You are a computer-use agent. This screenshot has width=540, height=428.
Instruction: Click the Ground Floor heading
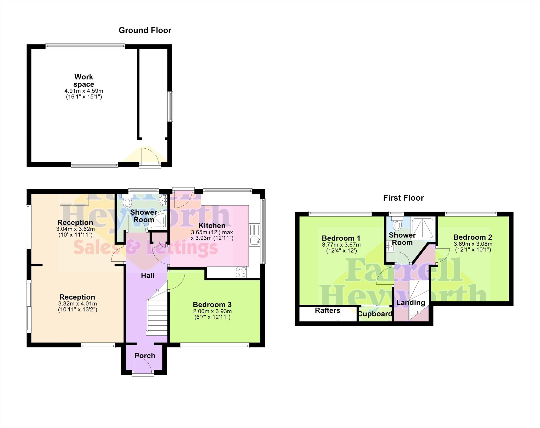[x=145, y=30]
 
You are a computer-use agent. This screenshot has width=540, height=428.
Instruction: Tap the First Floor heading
[x=404, y=198]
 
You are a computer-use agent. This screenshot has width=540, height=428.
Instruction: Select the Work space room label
[x=84, y=80]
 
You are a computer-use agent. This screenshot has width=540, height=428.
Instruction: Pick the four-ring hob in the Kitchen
[x=241, y=272]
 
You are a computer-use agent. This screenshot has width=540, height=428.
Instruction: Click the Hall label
[x=147, y=276]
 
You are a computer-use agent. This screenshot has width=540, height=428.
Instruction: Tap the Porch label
[x=145, y=356]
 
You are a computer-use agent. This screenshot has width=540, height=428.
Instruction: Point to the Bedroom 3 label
[x=212, y=305]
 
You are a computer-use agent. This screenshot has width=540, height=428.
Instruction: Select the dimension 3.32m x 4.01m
[x=77, y=304]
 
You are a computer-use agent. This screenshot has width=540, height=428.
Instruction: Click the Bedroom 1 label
[x=341, y=238]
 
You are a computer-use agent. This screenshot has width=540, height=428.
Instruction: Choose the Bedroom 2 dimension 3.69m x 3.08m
[x=473, y=244]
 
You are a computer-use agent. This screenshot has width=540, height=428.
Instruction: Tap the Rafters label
[x=327, y=310]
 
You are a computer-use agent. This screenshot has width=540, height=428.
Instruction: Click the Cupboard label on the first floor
[x=375, y=314]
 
